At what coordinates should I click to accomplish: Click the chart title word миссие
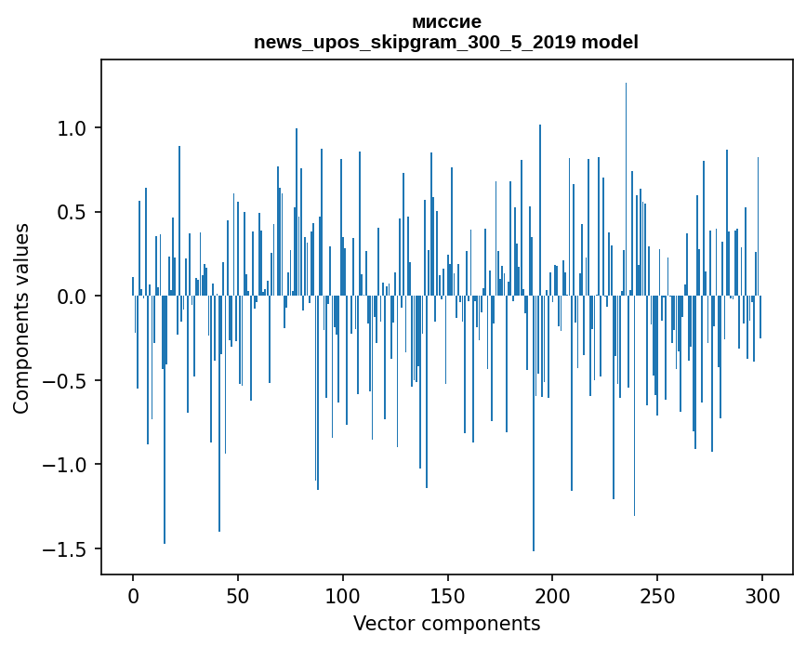(446, 21)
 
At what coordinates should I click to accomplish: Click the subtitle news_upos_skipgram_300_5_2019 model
(446, 42)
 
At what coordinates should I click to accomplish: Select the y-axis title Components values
(21, 318)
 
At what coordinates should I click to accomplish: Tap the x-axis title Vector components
(446, 623)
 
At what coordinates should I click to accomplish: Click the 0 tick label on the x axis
(133, 594)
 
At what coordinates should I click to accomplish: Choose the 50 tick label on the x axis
(238, 594)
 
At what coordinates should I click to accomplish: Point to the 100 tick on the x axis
(343, 594)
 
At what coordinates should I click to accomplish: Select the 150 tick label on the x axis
(448, 594)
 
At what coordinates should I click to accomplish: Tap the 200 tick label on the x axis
(553, 594)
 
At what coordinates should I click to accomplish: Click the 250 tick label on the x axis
(658, 594)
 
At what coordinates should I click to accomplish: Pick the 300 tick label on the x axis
(763, 594)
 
